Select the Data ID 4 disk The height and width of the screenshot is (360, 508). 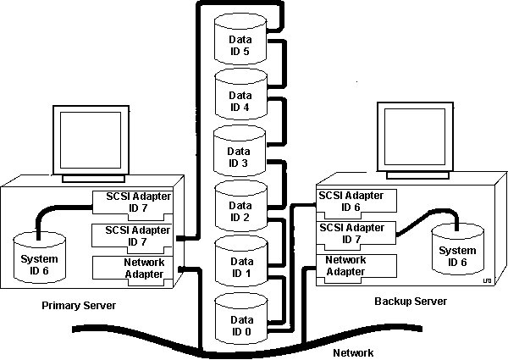tap(240, 97)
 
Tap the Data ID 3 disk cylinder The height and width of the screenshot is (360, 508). tap(240, 152)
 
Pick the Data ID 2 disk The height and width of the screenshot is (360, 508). tap(241, 208)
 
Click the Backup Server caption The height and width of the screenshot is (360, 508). tap(410, 302)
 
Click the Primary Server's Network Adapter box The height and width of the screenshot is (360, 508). tap(132, 269)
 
